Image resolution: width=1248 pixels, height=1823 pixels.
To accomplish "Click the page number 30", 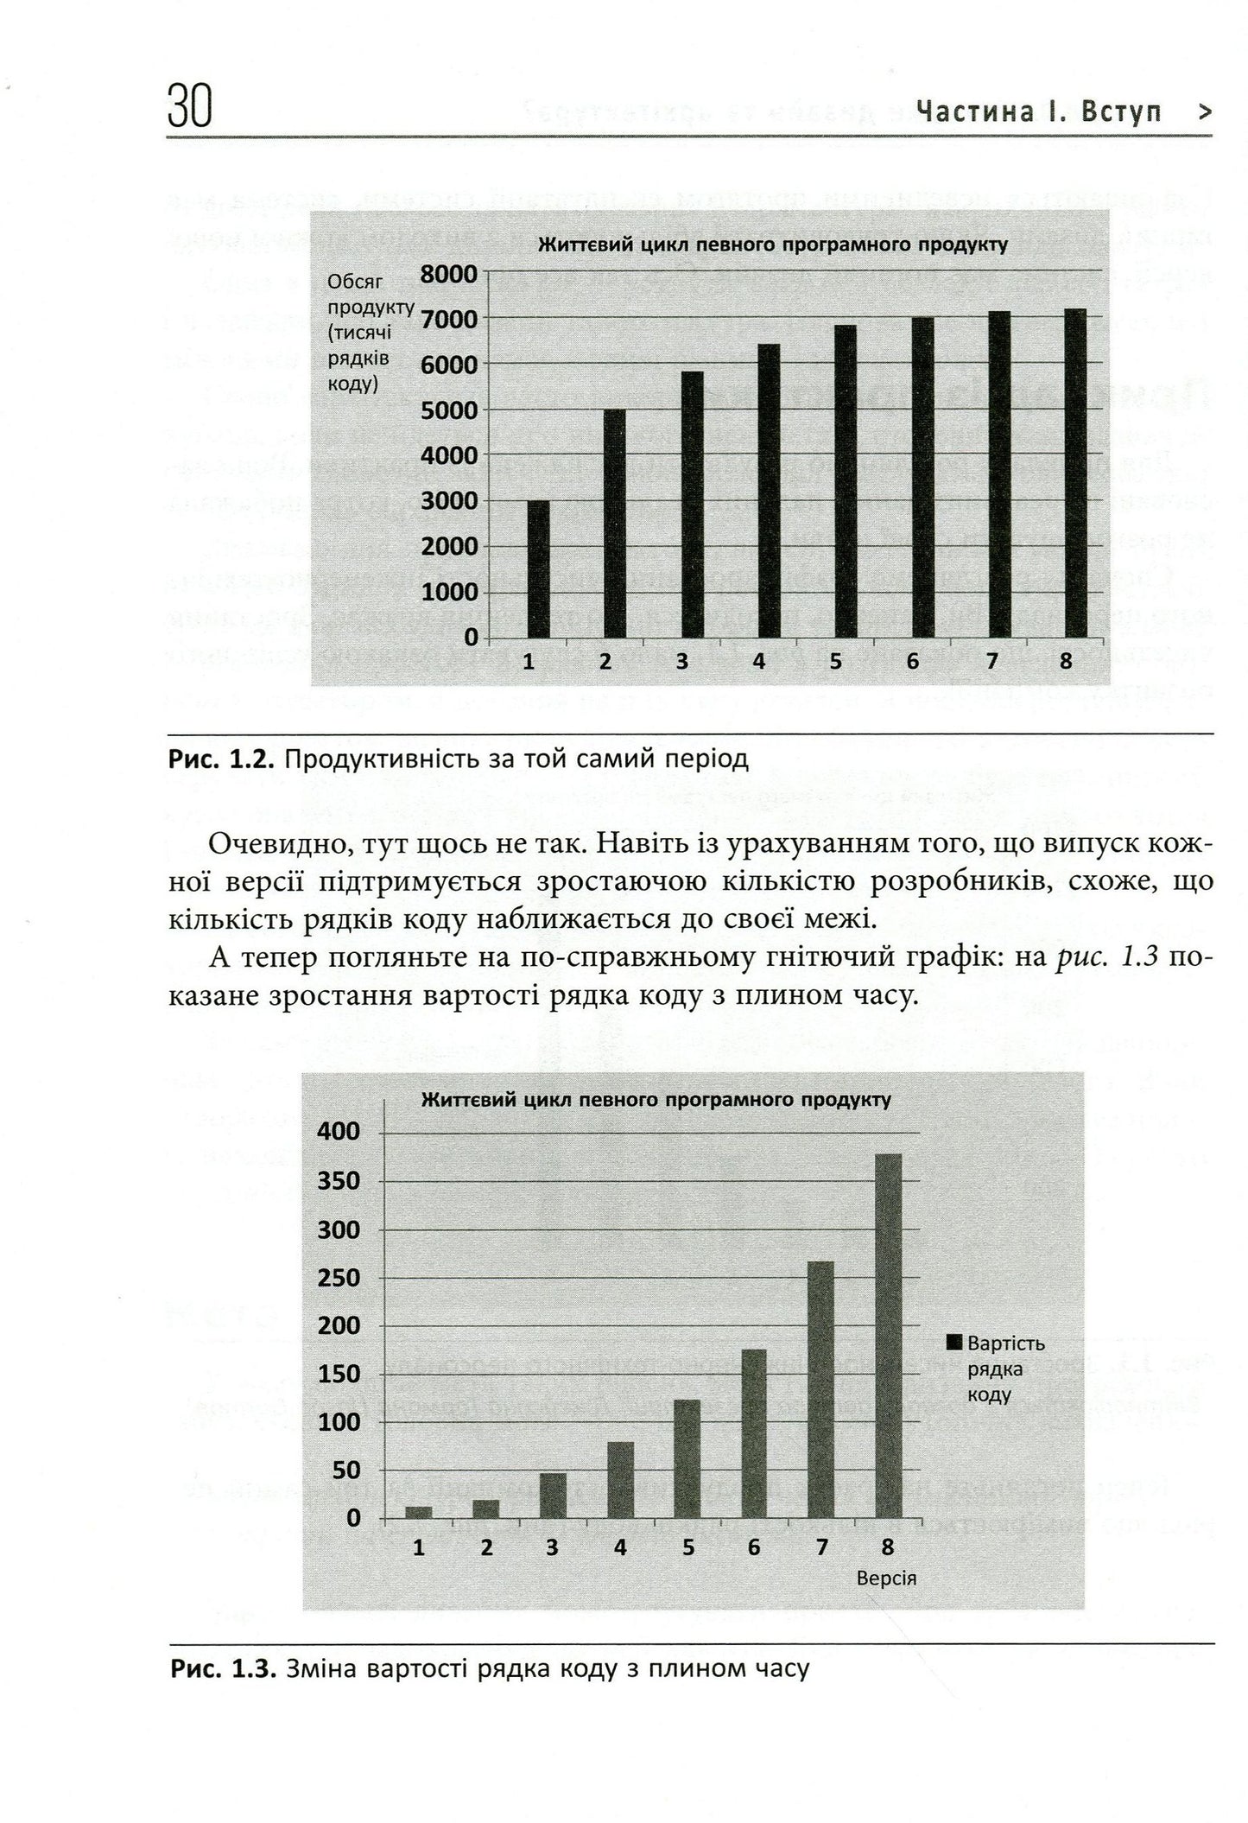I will (190, 108).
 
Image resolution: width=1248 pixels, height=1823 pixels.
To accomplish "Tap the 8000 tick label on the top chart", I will (448, 274).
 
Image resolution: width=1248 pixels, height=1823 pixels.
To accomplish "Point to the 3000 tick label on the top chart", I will (448, 501).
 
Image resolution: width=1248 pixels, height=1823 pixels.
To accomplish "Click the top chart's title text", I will (773, 245).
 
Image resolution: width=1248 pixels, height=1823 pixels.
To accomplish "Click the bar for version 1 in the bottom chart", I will (419, 1511).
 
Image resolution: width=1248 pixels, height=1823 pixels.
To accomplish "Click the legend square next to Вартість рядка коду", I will (954, 1343).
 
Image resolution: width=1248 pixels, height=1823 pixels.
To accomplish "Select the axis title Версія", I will (886, 1578).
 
